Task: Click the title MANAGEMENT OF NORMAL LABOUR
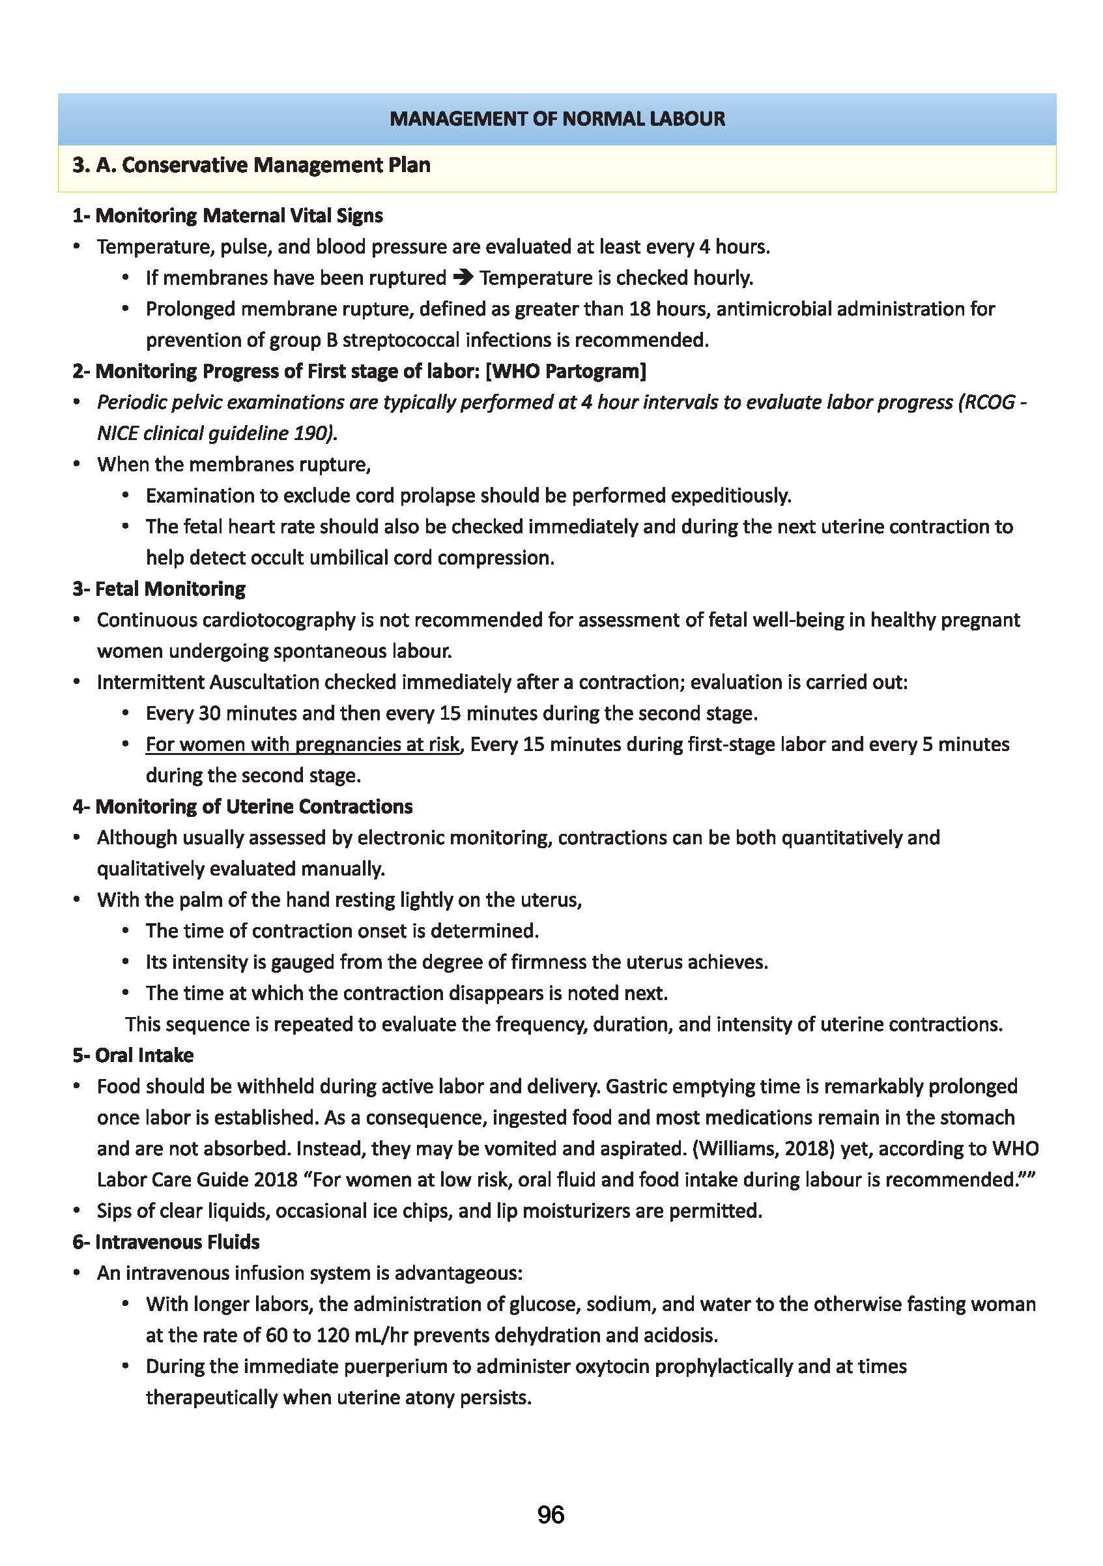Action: [557, 119]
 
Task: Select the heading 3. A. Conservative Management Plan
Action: [251, 165]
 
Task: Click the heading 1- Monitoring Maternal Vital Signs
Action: [227, 216]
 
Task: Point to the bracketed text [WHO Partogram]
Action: [566, 371]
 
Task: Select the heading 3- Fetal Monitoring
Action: [159, 589]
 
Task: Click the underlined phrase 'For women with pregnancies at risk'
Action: [303, 744]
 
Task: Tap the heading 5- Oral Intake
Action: [133, 1055]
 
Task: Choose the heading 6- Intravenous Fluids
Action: [165, 1242]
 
